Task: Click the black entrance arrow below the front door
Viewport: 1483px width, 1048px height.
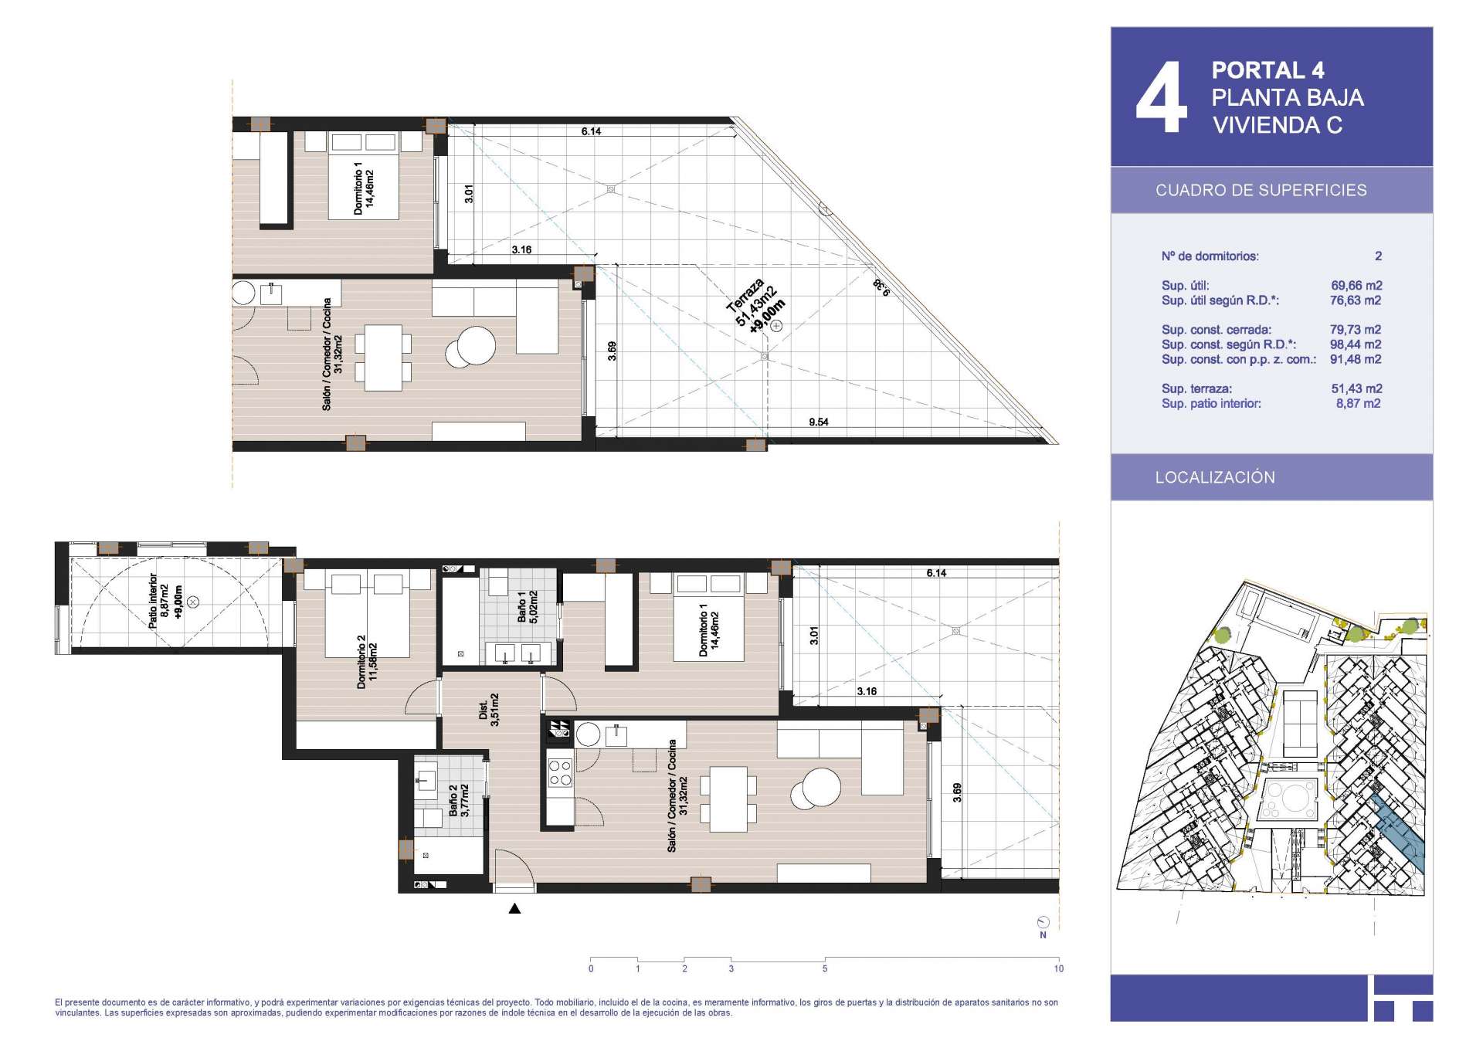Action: pos(514,908)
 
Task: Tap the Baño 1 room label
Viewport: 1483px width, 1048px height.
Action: pos(528,607)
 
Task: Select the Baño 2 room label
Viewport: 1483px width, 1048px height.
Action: pos(459,801)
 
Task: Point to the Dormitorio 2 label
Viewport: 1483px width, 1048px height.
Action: pos(367,661)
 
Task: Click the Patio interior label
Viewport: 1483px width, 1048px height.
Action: pos(165,601)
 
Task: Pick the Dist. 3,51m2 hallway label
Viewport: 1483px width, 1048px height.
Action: pos(489,710)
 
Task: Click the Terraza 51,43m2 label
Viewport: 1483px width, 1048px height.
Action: pos(756,306)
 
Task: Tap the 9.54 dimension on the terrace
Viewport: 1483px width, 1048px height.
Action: pos(819,422)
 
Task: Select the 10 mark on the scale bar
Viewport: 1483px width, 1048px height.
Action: pos(1058,968)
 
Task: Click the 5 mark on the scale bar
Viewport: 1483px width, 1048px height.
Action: pos(825,968)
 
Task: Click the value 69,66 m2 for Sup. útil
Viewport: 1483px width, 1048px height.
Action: pos(1356,285)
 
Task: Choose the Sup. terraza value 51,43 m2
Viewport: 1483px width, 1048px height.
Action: pos(1356,388)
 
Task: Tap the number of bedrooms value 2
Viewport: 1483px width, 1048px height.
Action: pos(1379,256)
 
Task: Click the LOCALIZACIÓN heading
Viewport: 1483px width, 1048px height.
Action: pos(1215,477)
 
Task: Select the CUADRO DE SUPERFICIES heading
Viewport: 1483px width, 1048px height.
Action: pos(1261,190)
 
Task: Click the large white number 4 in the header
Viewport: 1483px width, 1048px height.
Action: pos(1162,97)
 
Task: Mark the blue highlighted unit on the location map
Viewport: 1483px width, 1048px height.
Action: pos(1398,835)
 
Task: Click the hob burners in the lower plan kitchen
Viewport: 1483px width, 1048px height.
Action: pos(560,773)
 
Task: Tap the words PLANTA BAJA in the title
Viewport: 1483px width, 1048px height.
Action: pos(1288,97)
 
